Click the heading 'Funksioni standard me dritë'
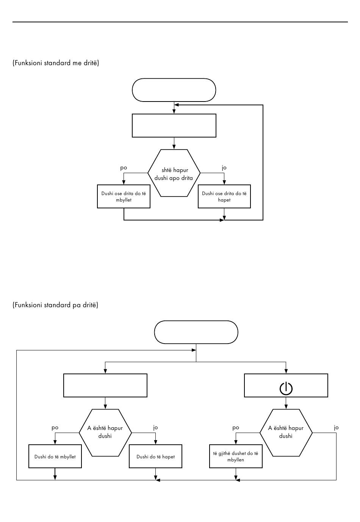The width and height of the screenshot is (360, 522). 56,63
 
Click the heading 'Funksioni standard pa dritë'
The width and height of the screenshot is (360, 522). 55,305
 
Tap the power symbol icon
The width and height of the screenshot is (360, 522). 286,389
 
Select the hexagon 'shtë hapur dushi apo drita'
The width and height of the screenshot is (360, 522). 174,173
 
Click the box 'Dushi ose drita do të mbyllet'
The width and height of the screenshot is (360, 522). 124,197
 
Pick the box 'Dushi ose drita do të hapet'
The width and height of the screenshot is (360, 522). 224,197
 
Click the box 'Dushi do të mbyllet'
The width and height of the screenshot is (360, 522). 55,456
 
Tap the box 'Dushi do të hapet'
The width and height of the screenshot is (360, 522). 155,456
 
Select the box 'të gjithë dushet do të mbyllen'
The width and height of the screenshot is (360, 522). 236,456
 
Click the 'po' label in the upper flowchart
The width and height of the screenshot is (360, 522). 124,168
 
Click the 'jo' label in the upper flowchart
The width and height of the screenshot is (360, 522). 224,168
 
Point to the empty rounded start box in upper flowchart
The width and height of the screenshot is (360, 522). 174,90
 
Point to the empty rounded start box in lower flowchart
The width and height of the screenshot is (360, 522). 196,332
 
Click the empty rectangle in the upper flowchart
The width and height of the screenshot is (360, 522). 174,126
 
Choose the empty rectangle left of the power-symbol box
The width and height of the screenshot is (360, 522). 105,386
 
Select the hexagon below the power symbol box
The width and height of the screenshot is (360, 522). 286,433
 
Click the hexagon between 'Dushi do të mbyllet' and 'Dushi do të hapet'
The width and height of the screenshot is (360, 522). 105,433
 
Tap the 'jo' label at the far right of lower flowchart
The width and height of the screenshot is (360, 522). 336,428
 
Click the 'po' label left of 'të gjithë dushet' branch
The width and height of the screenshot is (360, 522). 236,428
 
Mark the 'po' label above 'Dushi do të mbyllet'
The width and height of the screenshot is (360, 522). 55,428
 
